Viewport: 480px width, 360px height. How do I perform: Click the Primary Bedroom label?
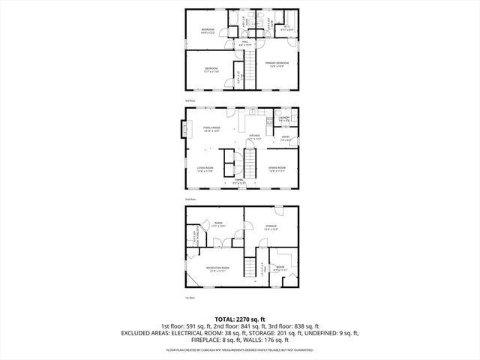277,64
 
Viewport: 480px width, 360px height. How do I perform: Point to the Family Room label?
211,129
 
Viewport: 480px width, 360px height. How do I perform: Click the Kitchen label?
254,137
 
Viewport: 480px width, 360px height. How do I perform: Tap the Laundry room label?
285,118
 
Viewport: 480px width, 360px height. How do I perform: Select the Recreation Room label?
219,268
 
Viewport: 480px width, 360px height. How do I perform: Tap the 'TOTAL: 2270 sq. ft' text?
240,319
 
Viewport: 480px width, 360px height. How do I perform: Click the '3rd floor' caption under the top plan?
190,100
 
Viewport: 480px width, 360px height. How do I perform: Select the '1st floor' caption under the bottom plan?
190,298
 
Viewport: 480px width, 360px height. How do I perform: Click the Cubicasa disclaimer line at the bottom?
240,349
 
